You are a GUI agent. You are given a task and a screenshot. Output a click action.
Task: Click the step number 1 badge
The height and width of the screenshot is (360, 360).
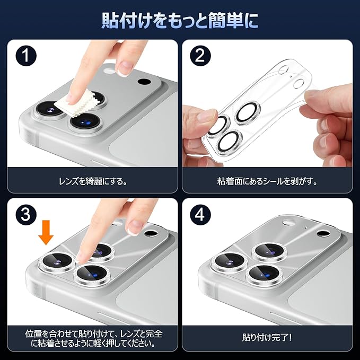click(26, 56)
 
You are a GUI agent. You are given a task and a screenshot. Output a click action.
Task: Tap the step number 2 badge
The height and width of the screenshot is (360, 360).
click(200, 56)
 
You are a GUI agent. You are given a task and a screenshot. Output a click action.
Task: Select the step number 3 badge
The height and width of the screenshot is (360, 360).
click(26, 215)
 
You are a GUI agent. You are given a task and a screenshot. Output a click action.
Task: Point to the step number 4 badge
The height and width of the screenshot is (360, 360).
click(200, 215)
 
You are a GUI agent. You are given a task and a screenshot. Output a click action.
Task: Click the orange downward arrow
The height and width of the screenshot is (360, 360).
click(46, 232)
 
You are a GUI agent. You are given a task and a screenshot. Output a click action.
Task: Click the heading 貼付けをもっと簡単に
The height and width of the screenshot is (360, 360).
click(180, 21)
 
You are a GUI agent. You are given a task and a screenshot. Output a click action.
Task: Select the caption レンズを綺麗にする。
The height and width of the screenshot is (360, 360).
click(93, 182)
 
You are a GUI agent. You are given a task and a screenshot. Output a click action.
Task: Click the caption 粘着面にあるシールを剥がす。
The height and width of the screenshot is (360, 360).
click(267, 182)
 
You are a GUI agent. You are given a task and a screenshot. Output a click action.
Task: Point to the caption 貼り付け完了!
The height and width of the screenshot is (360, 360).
click(267, 338)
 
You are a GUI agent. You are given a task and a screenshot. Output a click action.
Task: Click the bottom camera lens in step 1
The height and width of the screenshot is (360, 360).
click(86, 122)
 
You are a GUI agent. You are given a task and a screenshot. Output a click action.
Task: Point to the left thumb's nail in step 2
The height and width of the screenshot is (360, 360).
click(207, 117)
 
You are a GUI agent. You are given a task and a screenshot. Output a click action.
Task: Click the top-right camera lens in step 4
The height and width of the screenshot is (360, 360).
click(270, 252)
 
